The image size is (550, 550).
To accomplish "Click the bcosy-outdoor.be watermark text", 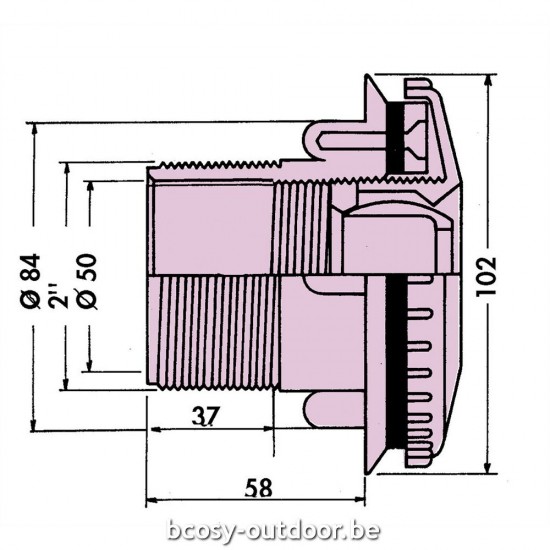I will [x=275, y=529].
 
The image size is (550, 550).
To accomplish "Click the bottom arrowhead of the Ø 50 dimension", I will [x=91, y=366].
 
